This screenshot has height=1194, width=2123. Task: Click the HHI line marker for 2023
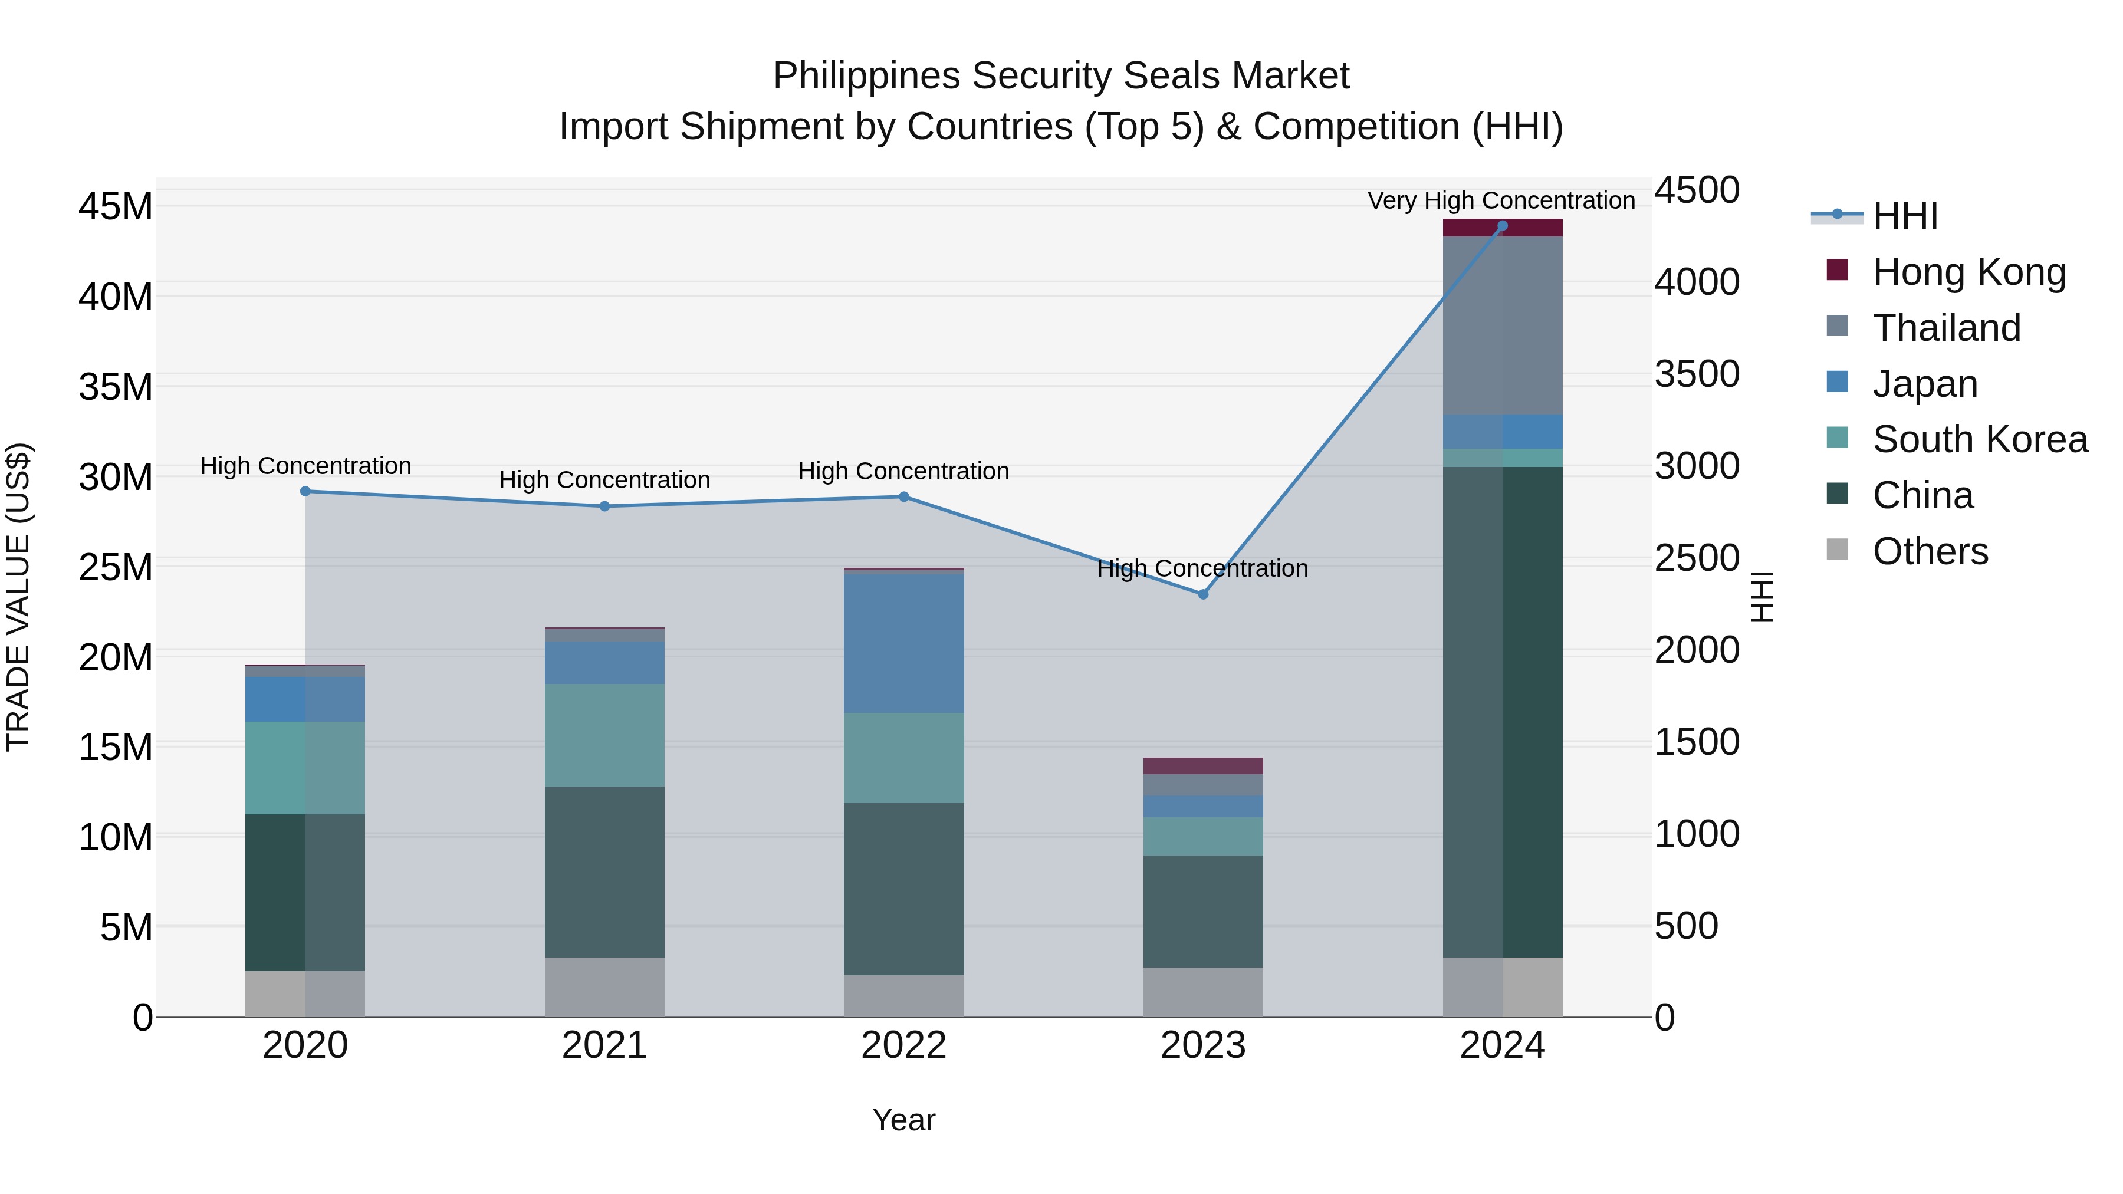pos(1202,594)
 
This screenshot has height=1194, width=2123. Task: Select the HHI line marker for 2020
pos(305,491)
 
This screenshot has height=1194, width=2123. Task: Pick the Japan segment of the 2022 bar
pos(903,643)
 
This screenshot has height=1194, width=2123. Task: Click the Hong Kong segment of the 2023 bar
pos(1202,765)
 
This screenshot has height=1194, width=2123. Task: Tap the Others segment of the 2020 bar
pos(305,993)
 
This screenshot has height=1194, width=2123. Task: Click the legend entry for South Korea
pos(1980,439)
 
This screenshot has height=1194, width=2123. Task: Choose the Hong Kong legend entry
pos(1969,272)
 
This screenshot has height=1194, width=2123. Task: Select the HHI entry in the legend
pos(1905,216)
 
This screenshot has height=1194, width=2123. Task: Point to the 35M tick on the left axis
pos(116,386)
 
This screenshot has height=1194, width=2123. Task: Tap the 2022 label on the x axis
pos(903,1045)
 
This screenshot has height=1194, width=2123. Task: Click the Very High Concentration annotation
pos(1501,200)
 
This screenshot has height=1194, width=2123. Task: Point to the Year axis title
pos(903,1120)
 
